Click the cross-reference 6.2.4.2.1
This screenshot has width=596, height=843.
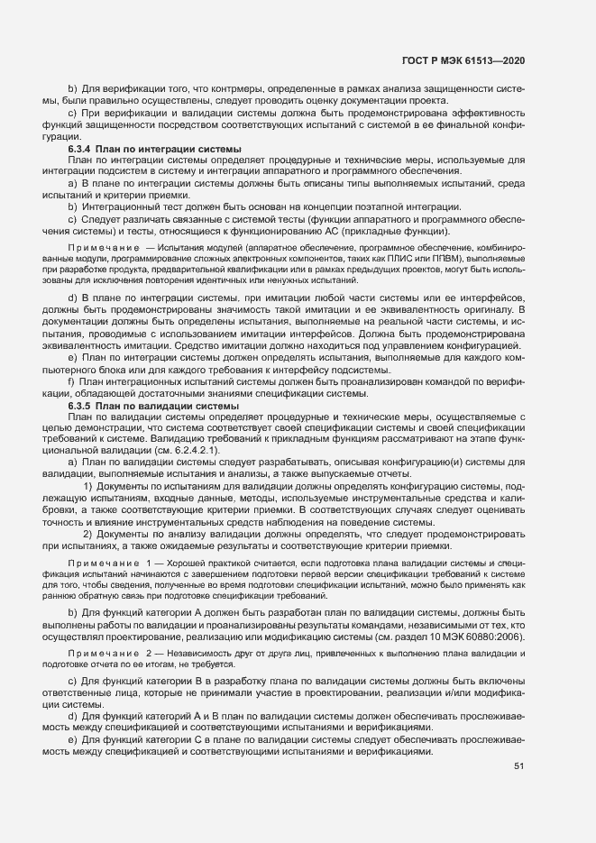185,450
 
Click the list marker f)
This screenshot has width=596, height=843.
72,383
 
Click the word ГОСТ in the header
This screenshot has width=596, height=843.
417,60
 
